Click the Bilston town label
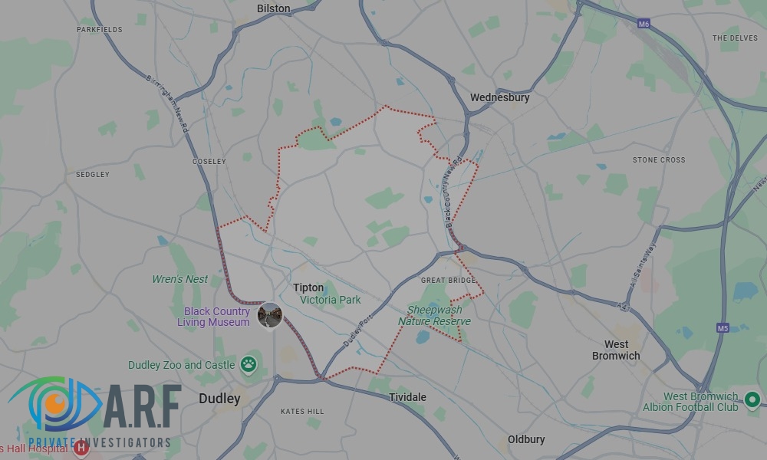pos(274,8)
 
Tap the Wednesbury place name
pos(499,97)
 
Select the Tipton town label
pos(308,287)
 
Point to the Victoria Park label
pos(330,300)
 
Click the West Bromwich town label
pos(616,350)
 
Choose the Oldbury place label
pos(526,439)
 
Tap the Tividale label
pos(407,397)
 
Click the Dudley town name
pos(219,399)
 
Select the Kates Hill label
pos(301,412)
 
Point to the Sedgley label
pos(92,175)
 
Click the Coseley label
pos(209,162)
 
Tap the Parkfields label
pos(99,30)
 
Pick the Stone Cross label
pos(659,160)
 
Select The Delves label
pos(735,38)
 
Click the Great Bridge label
pos(449,281)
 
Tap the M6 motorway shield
pos(644,25)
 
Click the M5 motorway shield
pos(723,328)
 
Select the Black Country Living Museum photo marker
pos(270,315)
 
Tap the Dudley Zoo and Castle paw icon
pos(249,364)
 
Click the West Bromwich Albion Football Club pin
pos(752,399)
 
